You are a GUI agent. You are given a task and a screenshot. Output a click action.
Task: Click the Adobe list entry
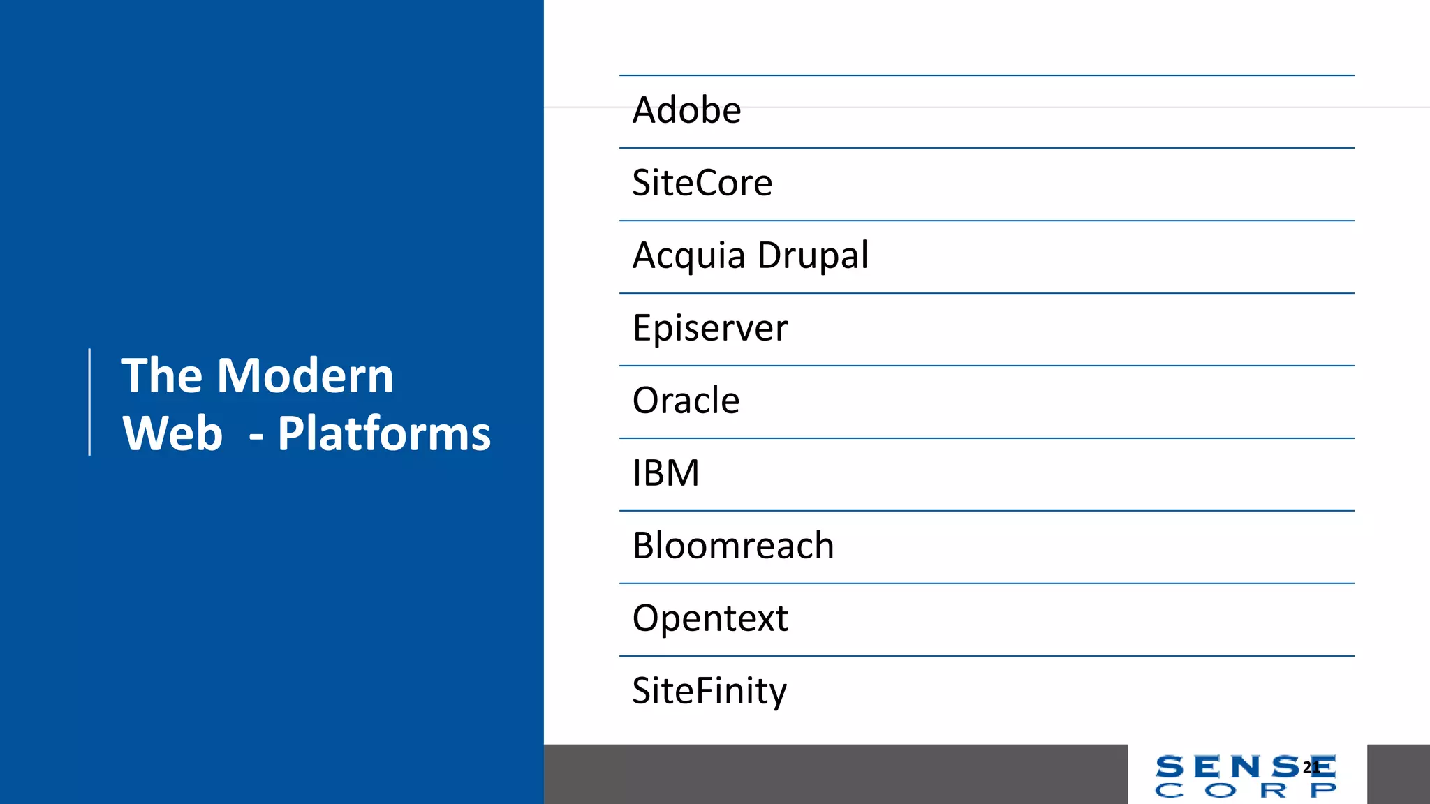[686, 110]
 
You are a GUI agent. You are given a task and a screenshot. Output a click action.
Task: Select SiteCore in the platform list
[702, 183]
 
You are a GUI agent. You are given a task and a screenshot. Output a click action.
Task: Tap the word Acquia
[688, 255]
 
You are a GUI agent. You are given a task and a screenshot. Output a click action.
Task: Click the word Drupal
[813, 255]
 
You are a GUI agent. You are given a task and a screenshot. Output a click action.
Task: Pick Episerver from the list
[710, 328]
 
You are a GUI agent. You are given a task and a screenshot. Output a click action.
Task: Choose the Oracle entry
[686, 401]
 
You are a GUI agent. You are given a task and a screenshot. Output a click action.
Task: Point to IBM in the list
[665, 473]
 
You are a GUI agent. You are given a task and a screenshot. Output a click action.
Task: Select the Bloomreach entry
[733, 546]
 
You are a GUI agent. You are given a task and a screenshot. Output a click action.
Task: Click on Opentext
[710, 618]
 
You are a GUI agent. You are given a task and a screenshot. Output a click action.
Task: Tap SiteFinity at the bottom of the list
[709, 691]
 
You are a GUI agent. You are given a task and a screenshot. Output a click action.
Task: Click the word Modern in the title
[305, 375]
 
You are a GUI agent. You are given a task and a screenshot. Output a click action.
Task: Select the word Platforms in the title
[384, 433]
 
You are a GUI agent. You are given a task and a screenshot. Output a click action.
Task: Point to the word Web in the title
[172, 433]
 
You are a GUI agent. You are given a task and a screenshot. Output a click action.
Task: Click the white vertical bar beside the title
[89, 402]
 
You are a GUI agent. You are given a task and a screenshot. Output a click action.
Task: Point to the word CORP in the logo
[1246, 791]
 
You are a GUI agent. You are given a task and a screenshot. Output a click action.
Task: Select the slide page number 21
[1311, 768]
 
